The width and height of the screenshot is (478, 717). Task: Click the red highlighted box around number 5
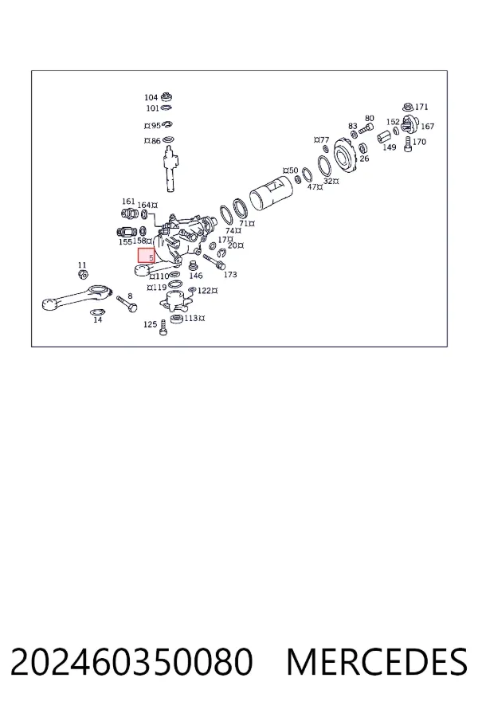pyautogui.click(x=147, y=255)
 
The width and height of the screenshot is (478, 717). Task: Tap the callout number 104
pyautogui.click(x=151, y=97)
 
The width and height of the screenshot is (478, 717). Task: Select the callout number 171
pyautogui.click(x=421, y=107)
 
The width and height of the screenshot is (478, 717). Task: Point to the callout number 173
pyautogui.click(x=230, y=274)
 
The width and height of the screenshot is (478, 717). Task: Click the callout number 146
pyautogui.click(x=196, y=276)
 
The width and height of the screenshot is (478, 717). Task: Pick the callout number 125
pyautogui.click(x=150, y=324)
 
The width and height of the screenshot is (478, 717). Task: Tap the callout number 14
pyautogui.click(x=98, y=320)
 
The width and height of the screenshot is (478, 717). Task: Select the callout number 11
pyautogui.click(x=82, y=264)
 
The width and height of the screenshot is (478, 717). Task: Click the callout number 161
pyautogui.click(x=128, y=202)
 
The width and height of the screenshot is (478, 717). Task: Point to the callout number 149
pyautogui.click(x=390, y=147)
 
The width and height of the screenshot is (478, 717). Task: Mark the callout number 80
pyautogui.click(x=370, y=118)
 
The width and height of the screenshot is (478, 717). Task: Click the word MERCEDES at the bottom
pyautogui.click(x=377, y=662)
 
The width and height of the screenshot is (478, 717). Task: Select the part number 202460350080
pyautogui.click(x=131, y=662)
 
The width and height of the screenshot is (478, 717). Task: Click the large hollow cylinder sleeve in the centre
pyautogui.click(x=270, y=194)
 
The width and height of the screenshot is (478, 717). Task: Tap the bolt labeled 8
pyautogui.click(x=127, y=304)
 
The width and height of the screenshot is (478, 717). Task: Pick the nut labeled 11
pyautogui.click(x=83, y=274)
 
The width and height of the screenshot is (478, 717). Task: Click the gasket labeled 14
pyautogui.click(x=97, y=312)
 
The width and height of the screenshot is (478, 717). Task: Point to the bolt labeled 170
pyautogui.click(x=409, y=145)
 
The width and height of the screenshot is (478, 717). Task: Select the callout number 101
pyautogui.click(x=152, y=108)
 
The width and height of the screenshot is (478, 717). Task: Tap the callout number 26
pyautogui.click(x=364, y=159)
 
